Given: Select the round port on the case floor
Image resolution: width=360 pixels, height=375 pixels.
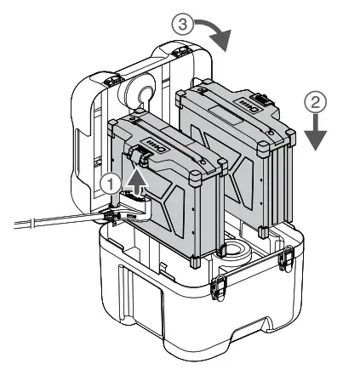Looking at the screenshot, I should pos(231,253).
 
